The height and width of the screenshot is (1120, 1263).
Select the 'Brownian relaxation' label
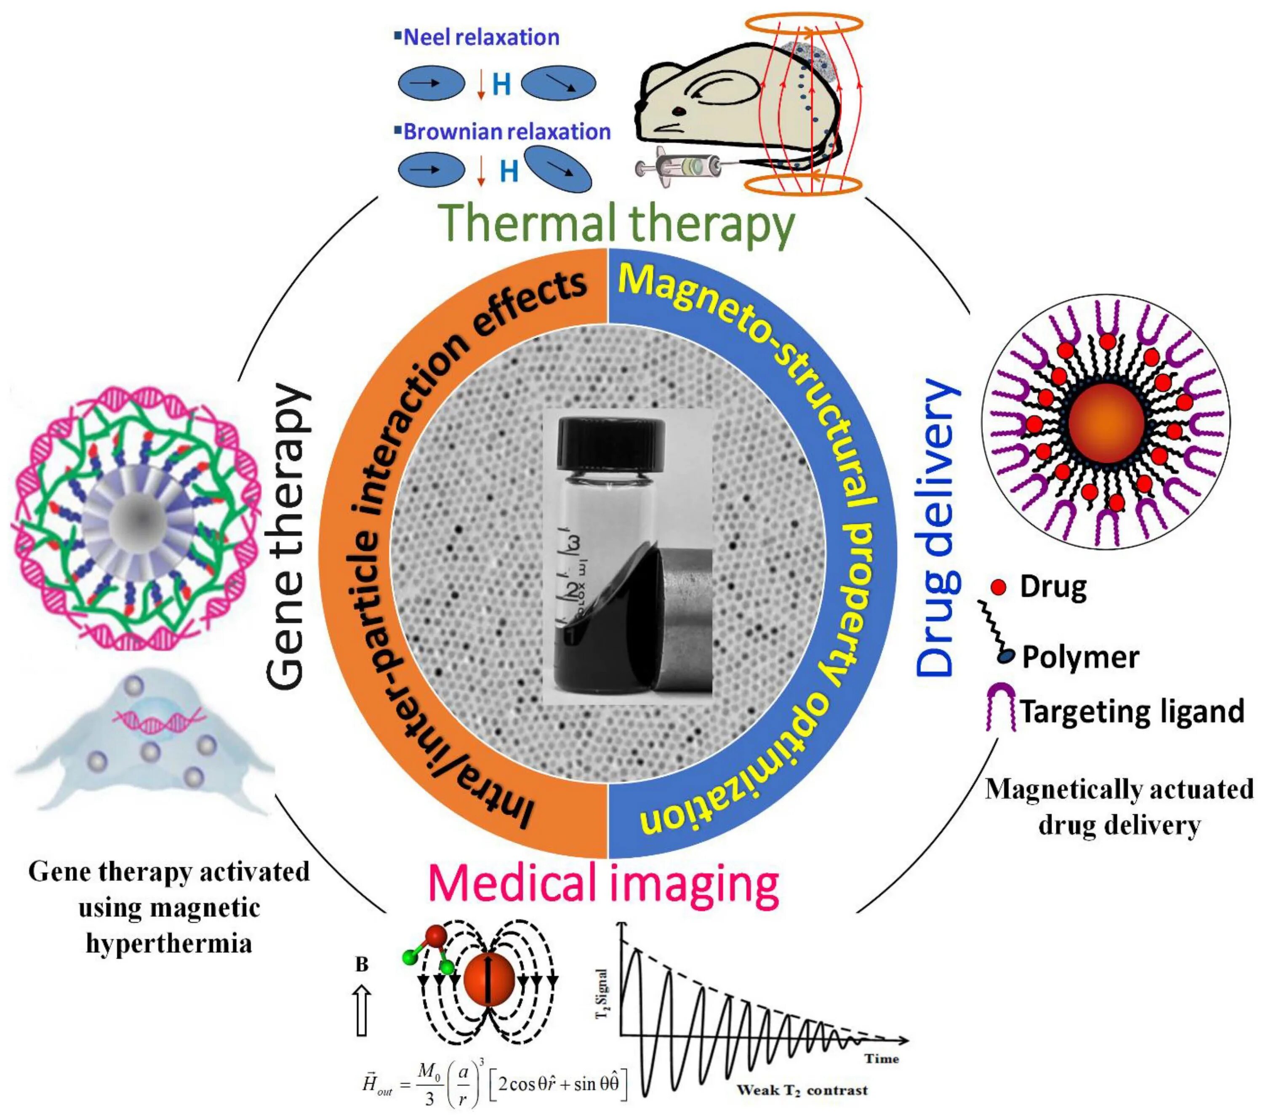[x=506, y=132]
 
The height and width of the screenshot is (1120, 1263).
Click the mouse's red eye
[x=679, y=111]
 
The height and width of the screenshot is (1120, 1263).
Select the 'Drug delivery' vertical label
[x=937, y=528]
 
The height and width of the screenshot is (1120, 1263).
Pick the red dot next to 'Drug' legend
[x=998, y=587]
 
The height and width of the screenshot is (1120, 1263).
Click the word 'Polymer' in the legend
[x=1080, y=657]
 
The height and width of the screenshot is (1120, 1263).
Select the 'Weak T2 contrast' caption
[x=802, y=1090]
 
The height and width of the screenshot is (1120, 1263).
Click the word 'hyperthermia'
[x=169, y=943]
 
